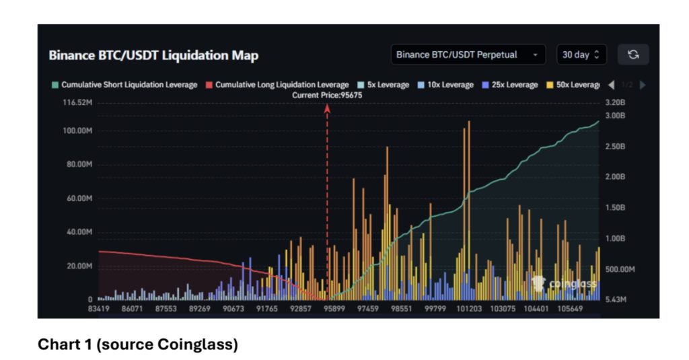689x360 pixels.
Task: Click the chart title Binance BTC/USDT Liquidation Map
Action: (x=153, y=55)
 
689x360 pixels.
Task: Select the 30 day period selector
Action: (x=581, y=55)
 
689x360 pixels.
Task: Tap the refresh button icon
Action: (x=632, y=55)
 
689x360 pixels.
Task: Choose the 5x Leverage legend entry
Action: (x=384, y=85)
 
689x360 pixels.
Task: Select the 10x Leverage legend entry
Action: (x=447, y=85)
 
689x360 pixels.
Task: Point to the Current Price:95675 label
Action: (x=327, y=95)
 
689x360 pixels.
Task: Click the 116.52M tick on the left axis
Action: (x=77, y=103)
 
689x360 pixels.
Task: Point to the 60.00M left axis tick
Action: (x=79, y=199)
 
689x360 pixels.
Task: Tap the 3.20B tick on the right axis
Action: (x=615, y=103)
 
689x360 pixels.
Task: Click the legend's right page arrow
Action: (x=643, y=85)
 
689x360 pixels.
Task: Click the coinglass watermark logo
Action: (x=565, y=284)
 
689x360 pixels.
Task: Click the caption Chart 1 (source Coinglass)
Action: (x=137, y=345)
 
